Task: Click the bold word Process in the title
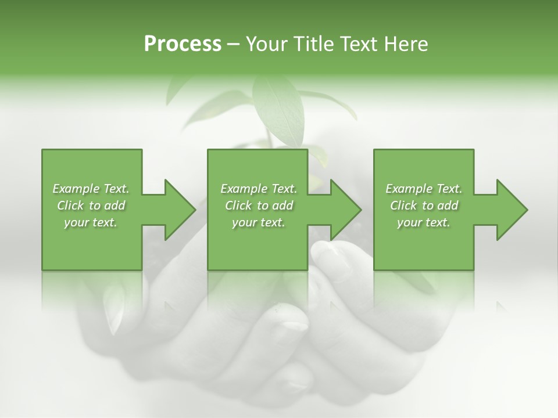coord(183,44)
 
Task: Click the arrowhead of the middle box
coord(345,210)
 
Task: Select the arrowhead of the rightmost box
coord(512,210)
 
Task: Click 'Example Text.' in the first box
coord(91,189)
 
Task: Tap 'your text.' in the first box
coord(91,222)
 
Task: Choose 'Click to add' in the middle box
coord(259,206)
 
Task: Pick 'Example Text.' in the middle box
coord(259,189)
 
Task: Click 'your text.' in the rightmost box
coord(424,222)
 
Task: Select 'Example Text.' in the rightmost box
coord(424,189)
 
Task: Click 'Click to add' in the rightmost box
coord(424,206)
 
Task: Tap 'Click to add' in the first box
coord(91,206)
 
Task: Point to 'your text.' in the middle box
coord(259,222)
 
